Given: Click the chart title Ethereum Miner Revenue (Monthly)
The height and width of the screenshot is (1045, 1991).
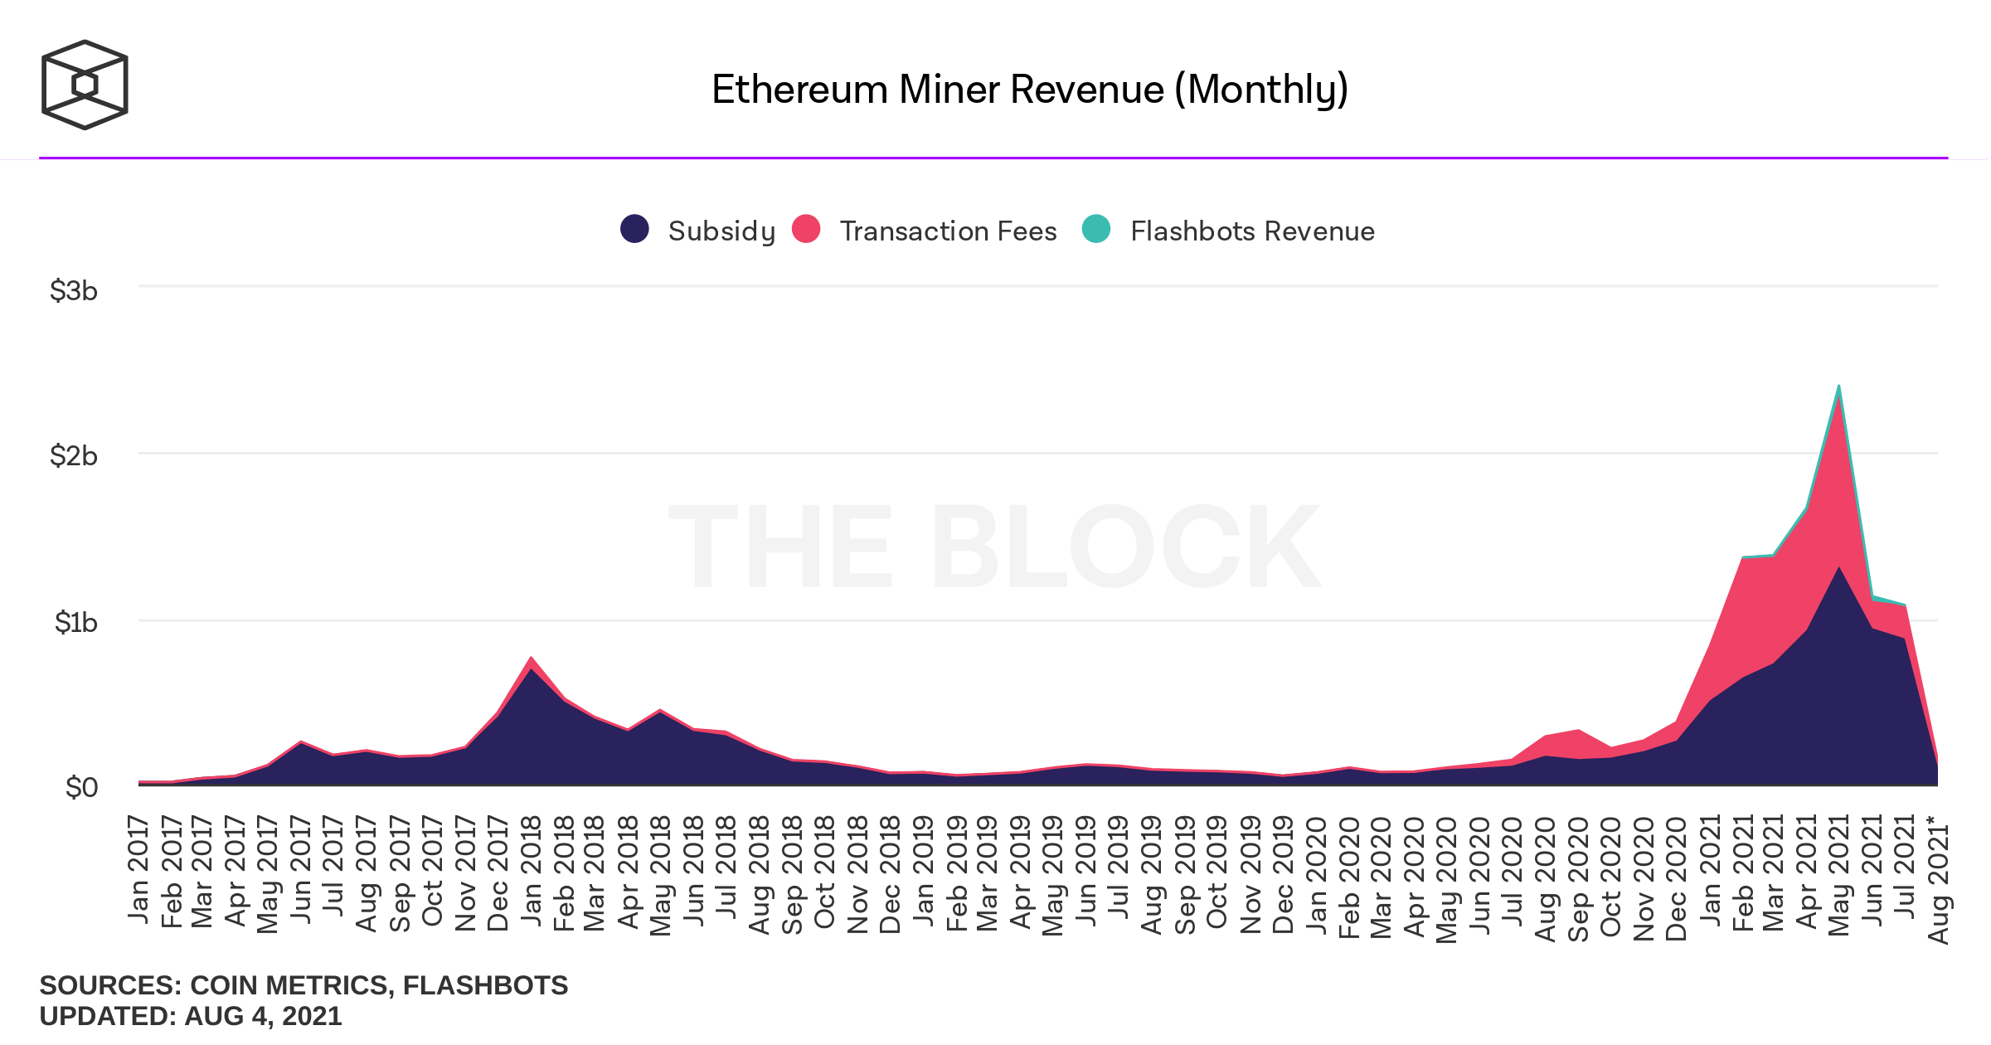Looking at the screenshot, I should [1030, 90].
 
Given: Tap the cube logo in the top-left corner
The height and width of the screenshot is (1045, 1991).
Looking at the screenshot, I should [85, 85].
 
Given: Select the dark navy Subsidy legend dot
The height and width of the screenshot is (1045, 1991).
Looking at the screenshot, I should [634, 229].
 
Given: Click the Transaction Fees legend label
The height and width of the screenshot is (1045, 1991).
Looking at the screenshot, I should [948, 231].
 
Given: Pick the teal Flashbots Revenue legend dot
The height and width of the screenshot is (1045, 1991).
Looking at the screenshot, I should [1096, 229].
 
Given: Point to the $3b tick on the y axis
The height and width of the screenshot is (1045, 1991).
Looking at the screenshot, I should [74, 290].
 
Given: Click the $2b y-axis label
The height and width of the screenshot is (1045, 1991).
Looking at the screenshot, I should [74, 455].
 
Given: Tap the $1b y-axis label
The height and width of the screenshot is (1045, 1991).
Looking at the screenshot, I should [75, 622].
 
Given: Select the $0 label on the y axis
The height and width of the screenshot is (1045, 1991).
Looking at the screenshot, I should [81, 786].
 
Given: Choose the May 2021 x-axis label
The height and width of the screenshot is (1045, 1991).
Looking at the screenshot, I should [1839, 875].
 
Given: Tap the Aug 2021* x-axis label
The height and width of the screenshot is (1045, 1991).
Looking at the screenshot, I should [1938, 879].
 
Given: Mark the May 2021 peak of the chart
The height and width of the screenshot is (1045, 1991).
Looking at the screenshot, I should [1839, 386].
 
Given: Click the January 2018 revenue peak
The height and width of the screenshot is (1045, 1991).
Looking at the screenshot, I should [531, 659].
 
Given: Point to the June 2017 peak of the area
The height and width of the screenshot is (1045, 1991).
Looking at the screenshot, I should [301, 741].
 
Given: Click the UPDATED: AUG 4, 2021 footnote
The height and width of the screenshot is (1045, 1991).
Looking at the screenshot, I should [191, 1016].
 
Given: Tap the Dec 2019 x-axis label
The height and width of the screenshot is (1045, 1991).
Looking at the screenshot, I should [1283, 875].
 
